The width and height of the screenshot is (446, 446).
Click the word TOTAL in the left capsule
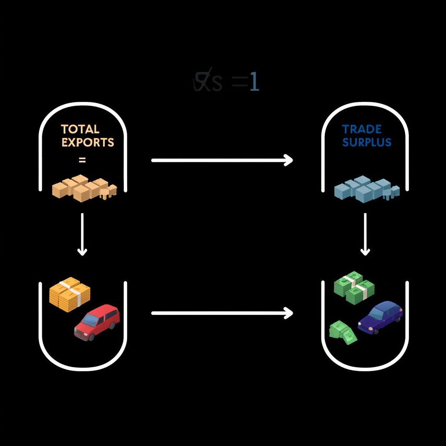click(x=80, y=129)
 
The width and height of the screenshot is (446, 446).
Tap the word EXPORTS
click(x=88, y=142)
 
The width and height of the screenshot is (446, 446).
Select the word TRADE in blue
click(x=362, y=129)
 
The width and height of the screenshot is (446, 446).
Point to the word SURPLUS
click(x=366, y=142)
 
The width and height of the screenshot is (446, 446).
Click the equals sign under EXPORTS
click(x=82, y=160)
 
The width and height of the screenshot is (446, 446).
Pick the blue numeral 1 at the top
click(x=254, y=82)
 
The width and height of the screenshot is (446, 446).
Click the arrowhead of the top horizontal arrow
click(x=288, y=160)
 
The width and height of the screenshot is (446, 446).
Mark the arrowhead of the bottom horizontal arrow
click(x=288, y=313)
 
